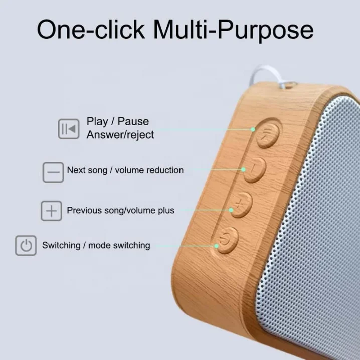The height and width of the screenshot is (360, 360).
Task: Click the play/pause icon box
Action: [x=68, y=129]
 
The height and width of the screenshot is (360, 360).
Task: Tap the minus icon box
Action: [x=53, y=172]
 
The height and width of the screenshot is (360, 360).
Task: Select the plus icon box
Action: [x=51, y=211]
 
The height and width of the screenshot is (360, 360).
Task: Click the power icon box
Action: [x=26, y=246]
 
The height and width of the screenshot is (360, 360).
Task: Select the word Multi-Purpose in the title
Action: [x=233, y=31]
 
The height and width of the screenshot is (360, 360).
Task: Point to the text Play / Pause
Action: [x=117, y=121]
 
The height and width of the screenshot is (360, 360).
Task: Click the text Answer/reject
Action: [x=120, y=135]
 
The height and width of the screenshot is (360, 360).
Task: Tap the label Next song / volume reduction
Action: [x=125, y=170]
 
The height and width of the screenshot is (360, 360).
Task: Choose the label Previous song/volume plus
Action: [x=121, y=211]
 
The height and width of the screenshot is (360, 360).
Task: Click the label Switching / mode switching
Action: [x=96, y=246]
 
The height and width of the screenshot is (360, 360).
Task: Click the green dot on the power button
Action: [x=216, y=245]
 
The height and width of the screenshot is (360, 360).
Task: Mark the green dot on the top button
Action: [x=254, y=129]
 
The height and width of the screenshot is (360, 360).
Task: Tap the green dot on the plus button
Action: [x=232, y=210]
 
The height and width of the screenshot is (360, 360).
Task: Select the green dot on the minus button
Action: [x=244, y=170]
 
